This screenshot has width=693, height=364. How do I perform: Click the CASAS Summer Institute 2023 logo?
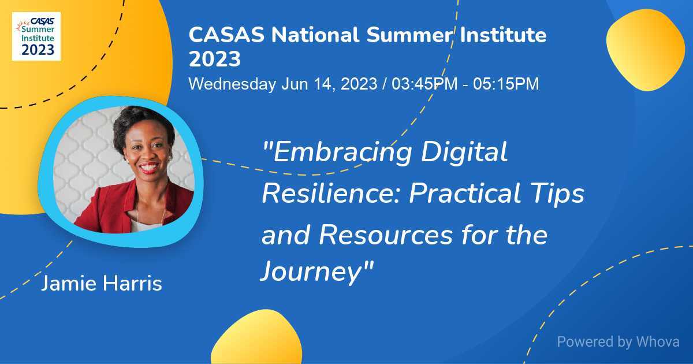tap(36, 36)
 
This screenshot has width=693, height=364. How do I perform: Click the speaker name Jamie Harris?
tap(102, 284)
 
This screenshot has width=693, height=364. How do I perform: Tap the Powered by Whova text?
tap(618, 341)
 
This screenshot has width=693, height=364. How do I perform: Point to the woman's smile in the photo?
tap(148, 168)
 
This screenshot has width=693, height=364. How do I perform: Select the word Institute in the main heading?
tap(502, 35)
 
